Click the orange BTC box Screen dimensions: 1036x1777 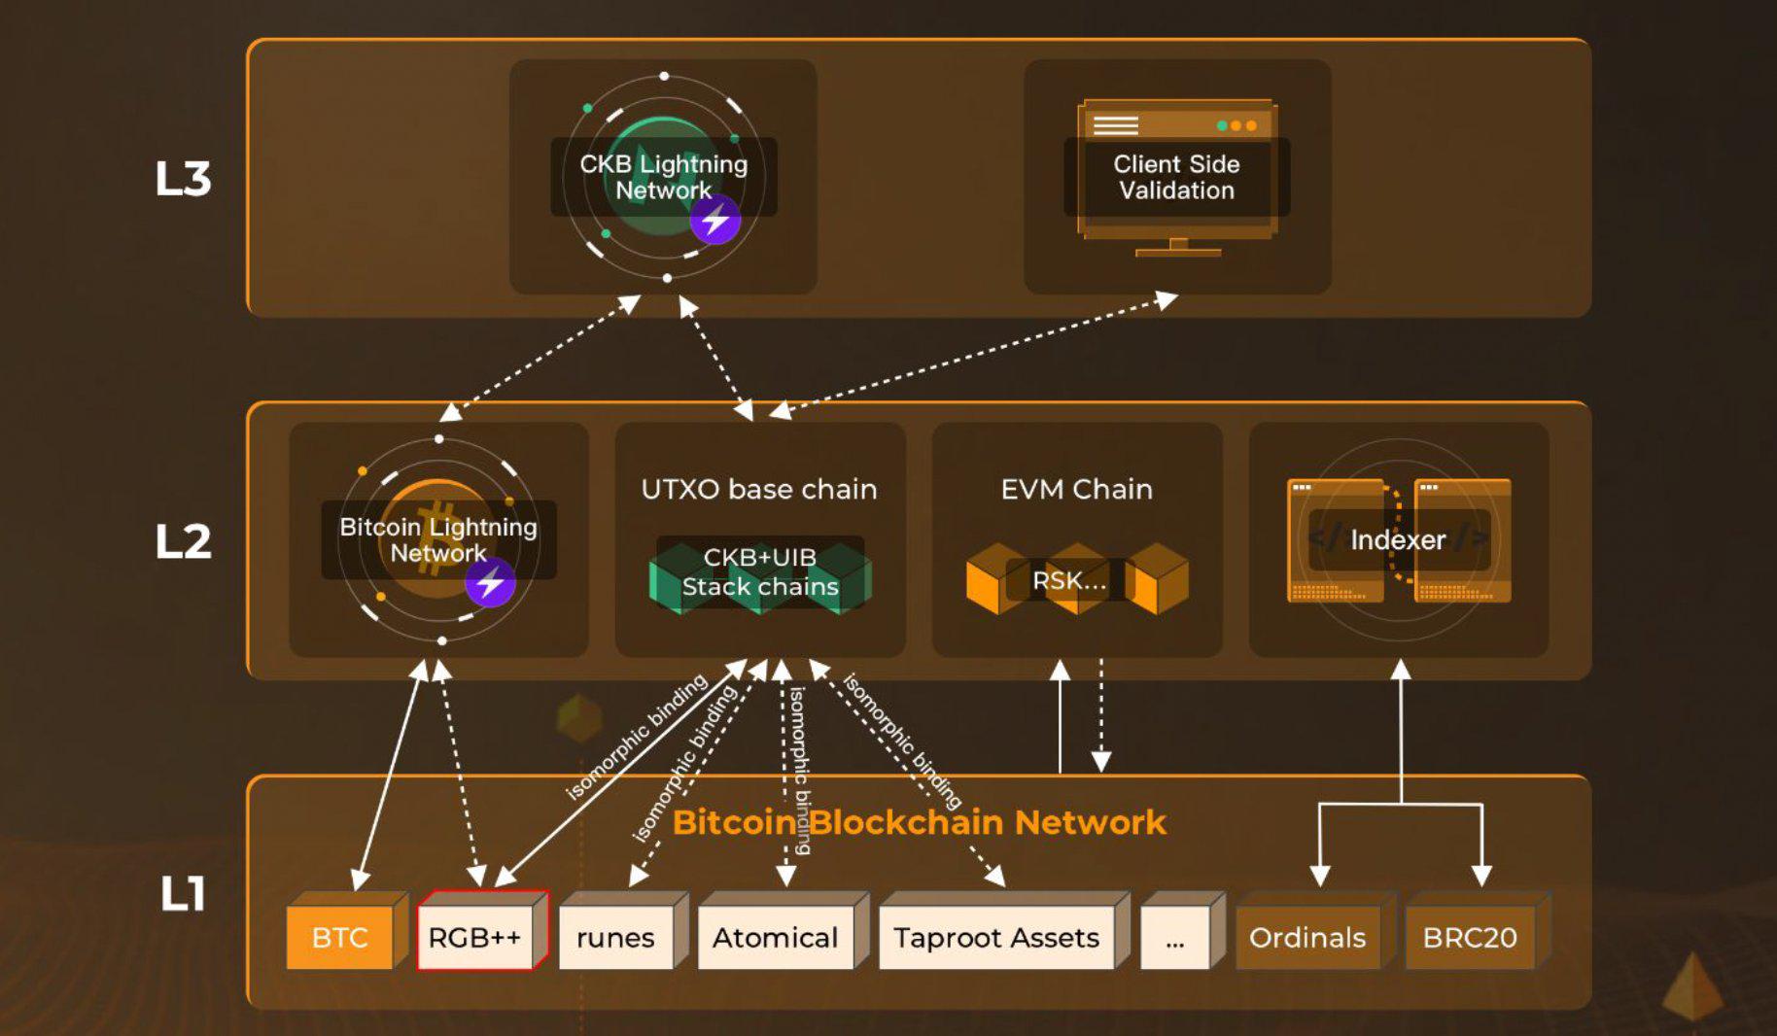click(340, 937)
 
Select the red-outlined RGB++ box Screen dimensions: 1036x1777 click(475, 937)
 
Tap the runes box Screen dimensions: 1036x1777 click(615, 937)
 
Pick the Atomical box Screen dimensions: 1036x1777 click(775, 937)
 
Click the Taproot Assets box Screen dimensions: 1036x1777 click(996, 937)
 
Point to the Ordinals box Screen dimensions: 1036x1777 click(1307, 937)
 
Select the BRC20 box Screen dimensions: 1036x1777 click(1469, 937)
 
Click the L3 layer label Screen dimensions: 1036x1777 click(183, 179)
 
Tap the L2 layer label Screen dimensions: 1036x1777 click(183, 541)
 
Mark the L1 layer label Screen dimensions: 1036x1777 click(183, 893)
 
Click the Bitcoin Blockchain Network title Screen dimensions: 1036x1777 click(919, 822)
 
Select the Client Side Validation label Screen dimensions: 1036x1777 click(1176, 177)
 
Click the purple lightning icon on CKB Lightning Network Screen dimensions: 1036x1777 click(715, 220)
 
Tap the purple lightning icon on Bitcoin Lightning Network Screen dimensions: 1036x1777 click(490, 583)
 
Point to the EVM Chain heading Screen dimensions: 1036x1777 click(1077, 489)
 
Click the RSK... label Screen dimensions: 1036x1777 click(1069, 580)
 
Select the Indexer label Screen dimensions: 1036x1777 click(1398, 539)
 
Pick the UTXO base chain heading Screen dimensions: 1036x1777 click(759, 489)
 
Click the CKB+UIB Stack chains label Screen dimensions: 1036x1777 click(760, 571)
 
